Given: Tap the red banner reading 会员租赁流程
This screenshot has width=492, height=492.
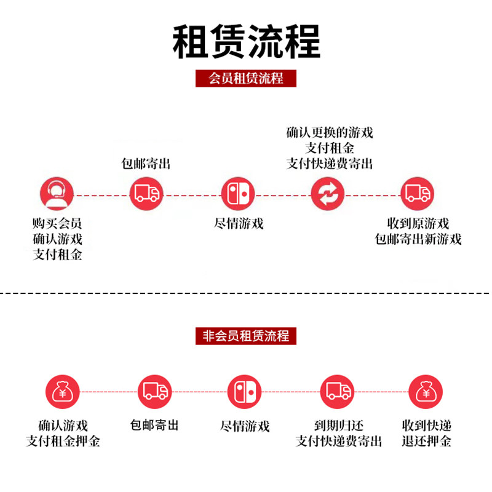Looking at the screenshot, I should tap(246, 79).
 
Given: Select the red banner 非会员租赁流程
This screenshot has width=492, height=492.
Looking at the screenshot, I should tap(246, 336).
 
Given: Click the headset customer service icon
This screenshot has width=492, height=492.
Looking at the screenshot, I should tap(57, 194).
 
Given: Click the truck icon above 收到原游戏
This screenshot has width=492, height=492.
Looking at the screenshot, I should tap(418, 194).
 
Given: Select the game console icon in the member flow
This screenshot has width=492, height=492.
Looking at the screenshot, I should tap(238, 194).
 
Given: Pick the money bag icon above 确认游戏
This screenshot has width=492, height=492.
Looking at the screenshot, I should tap(63, 391).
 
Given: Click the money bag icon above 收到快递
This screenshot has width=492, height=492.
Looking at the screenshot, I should tap(426, 391).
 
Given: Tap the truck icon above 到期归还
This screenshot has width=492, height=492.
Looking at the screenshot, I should tap(338, 391).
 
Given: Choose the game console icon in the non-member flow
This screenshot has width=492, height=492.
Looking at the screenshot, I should tap(244, 391).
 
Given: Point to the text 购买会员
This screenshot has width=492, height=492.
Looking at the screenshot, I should tap(57, 223).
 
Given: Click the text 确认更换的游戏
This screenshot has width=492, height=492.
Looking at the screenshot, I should tap(330, 132).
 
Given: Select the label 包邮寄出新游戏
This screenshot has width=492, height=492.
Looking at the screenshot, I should tap(418, 239).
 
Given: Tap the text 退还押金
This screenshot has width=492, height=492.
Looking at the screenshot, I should tap(426, 441).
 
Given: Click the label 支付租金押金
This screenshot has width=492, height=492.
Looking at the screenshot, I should tap(63, 441).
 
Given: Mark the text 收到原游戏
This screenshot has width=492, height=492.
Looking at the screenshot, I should tap(418, 223).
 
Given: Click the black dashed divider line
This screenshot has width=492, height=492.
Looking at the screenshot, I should tap(246, 294).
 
